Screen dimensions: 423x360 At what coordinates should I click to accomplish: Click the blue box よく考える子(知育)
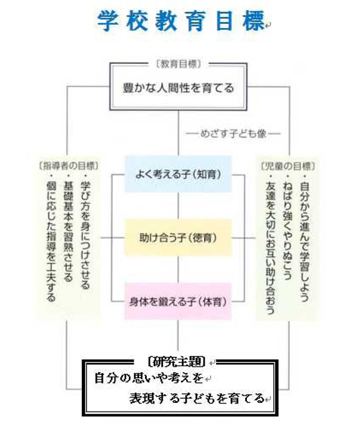click(178, 174)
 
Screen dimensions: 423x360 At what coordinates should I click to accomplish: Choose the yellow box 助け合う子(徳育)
click(178, 237)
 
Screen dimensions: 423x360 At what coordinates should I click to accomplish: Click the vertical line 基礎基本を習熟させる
click(68, 227)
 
